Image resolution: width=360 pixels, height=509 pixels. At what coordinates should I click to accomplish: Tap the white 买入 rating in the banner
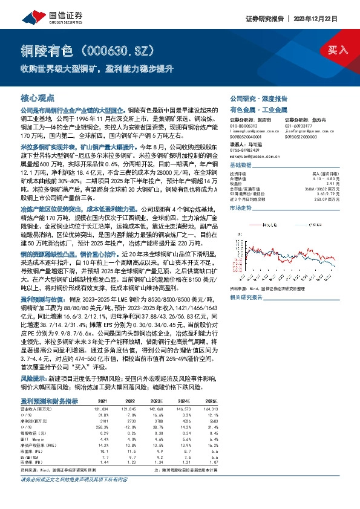pyautogui.click(x=338, y=49)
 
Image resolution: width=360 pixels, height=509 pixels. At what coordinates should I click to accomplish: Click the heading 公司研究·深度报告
pyautogui.click(x=253, y=98)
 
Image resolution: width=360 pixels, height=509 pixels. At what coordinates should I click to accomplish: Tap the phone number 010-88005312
pyautogui.click(x=244, y=125)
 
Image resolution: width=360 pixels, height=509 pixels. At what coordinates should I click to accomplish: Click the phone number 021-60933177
pyautogui.click(x=298, y=125)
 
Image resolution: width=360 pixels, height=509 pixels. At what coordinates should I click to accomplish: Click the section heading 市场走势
pyautogui.click(x=241, y=207)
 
